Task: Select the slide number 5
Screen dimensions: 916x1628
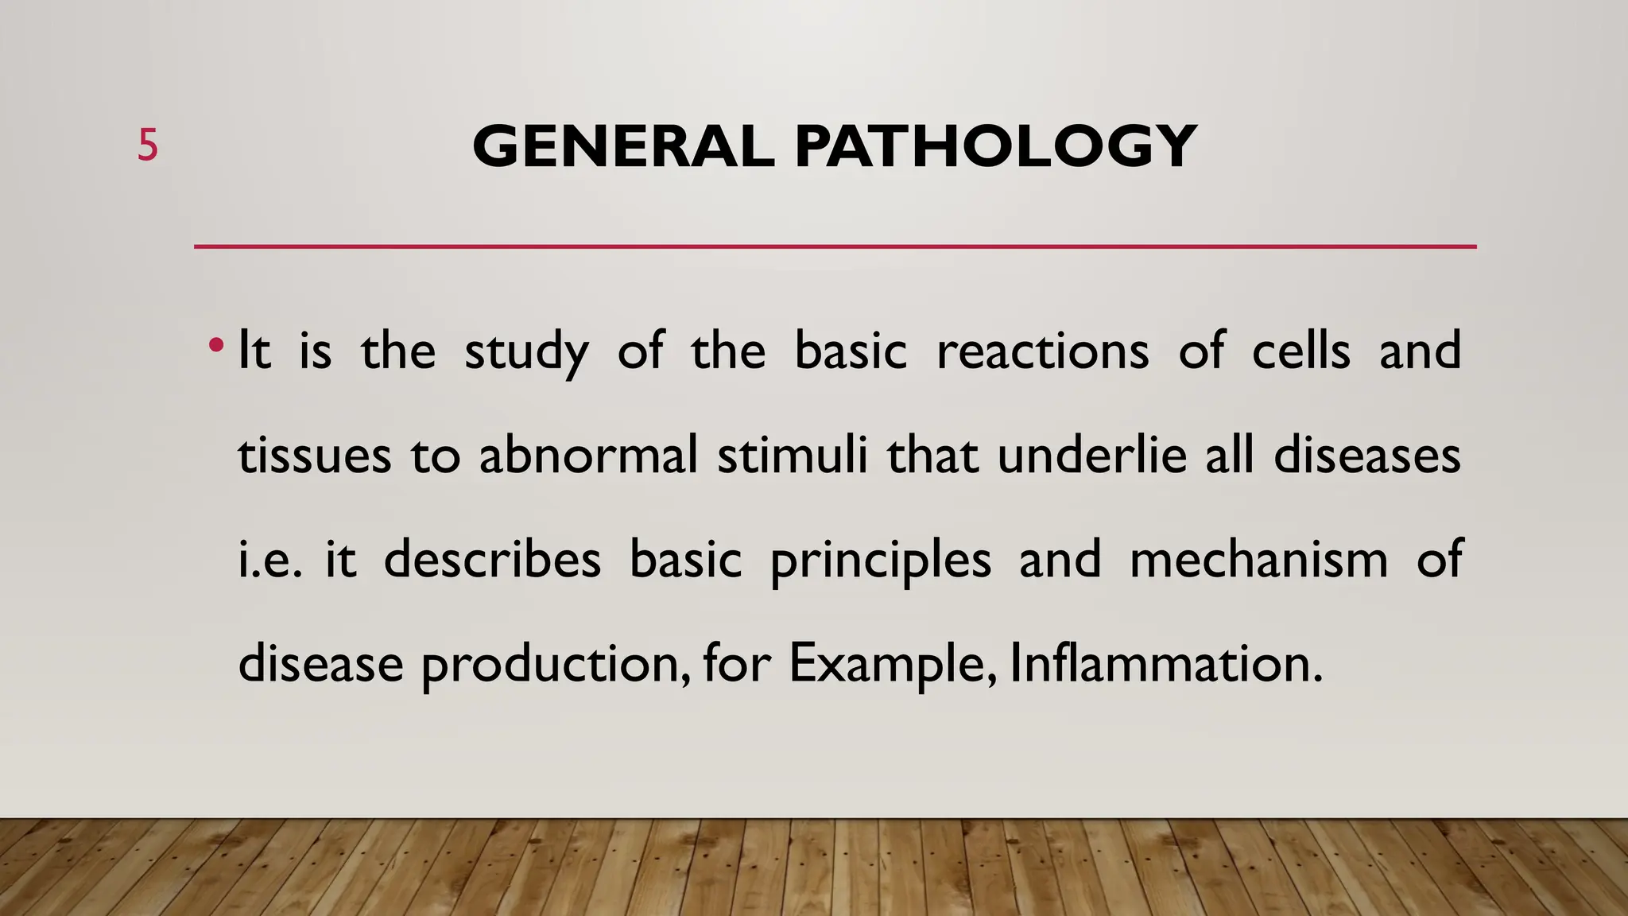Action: point(148,146)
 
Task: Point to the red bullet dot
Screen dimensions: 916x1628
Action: point(215,347)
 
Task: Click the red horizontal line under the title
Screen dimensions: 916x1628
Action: point(835,246)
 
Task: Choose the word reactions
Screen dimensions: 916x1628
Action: point(1042,351)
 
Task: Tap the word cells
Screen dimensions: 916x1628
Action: point(1300,351)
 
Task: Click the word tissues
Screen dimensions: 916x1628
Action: point(314,456)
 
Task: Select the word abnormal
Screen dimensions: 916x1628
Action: point(587,456)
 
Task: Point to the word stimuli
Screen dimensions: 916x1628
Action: point(792,456)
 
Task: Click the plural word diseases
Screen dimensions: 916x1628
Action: point(1366,456)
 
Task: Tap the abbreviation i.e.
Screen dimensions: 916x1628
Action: point(269,560)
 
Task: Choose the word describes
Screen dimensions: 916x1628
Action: point(492,560)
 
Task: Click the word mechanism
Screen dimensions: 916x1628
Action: point(1258,560)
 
